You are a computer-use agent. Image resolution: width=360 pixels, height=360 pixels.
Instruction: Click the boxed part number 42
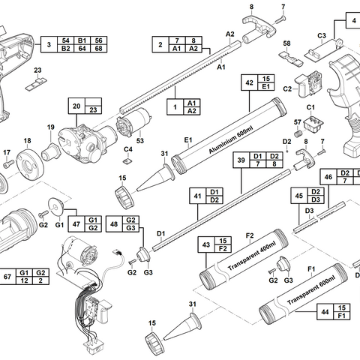pyautogui.click(x=249, y=83)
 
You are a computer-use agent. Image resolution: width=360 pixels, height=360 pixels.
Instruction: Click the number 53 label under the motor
pyautogui.click(x=139, y=140)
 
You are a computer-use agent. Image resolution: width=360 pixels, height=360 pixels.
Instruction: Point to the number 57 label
pyautogui.click(x=297, y=122)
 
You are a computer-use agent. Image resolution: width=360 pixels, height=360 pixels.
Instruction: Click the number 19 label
pyautogui.click(x=51, y=127)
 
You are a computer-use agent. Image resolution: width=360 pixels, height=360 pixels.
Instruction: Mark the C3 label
pyautogui.click(x=321, y=35)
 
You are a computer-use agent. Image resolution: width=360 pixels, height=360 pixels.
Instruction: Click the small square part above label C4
pyautogui.click(x=127, y=159)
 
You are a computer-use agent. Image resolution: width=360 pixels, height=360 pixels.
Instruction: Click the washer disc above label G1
pyautogui.click(x=55, y=205)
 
